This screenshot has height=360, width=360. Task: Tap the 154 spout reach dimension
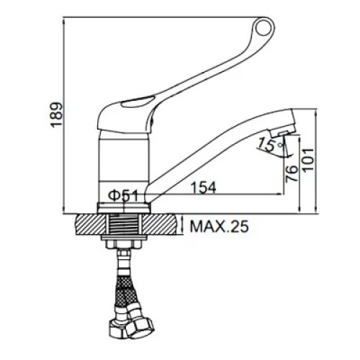tap(204, 187)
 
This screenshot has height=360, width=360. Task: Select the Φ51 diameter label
tap(124, 196)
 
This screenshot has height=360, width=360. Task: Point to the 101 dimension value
tap(308, 160)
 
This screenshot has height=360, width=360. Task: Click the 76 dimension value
tap(292, 174)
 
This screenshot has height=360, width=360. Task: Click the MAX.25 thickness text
tap(219, 226)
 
